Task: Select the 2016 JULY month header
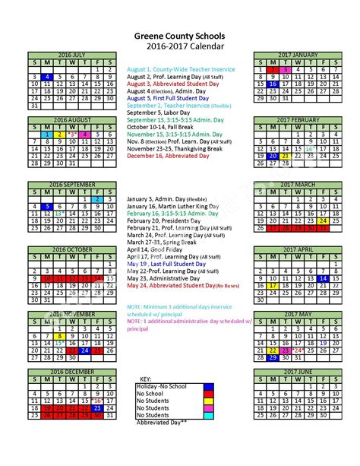click(x=73, y=54)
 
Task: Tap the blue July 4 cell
click(x=47, y=77)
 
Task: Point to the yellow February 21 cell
click(x=286, y=155)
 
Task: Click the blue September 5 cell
click(x=47, y=207)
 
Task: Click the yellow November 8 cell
click(x=60, y=335)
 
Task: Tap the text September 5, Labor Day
click(x=156, y=112)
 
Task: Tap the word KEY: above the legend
click(x=145, y=378)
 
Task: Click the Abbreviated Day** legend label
click(x=164, y=422)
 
